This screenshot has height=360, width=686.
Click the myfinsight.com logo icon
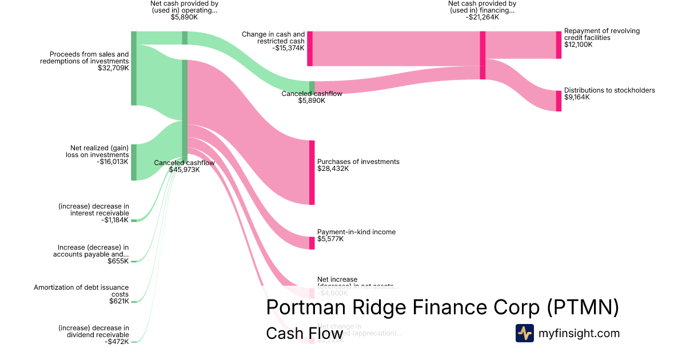(x=524, y=333)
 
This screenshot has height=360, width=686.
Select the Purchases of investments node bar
(x=312, y=172)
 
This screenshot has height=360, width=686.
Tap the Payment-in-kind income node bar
(x=312, y=243)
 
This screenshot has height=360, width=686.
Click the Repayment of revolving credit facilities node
(x=559, y=45)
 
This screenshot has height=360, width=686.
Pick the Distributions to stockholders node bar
(x=559, y=101)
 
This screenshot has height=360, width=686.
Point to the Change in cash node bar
(x=310, y=49)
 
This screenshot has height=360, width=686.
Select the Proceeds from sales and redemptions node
(x=134, y=69)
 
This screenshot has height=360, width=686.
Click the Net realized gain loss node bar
(x=134, y=162)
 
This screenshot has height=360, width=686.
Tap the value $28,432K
(x=333, y=169)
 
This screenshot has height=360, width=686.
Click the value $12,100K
(x=579, y=45)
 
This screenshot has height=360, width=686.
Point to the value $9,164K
(x=577, y=97)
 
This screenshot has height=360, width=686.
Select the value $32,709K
(x=113, y=69)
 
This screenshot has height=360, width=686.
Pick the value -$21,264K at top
(x=482, y=17)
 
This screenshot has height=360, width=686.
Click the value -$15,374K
(x=289, y=48)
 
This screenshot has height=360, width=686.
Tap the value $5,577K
(x=330, y=239)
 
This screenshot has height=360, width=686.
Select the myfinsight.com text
(x=579, y=333)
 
